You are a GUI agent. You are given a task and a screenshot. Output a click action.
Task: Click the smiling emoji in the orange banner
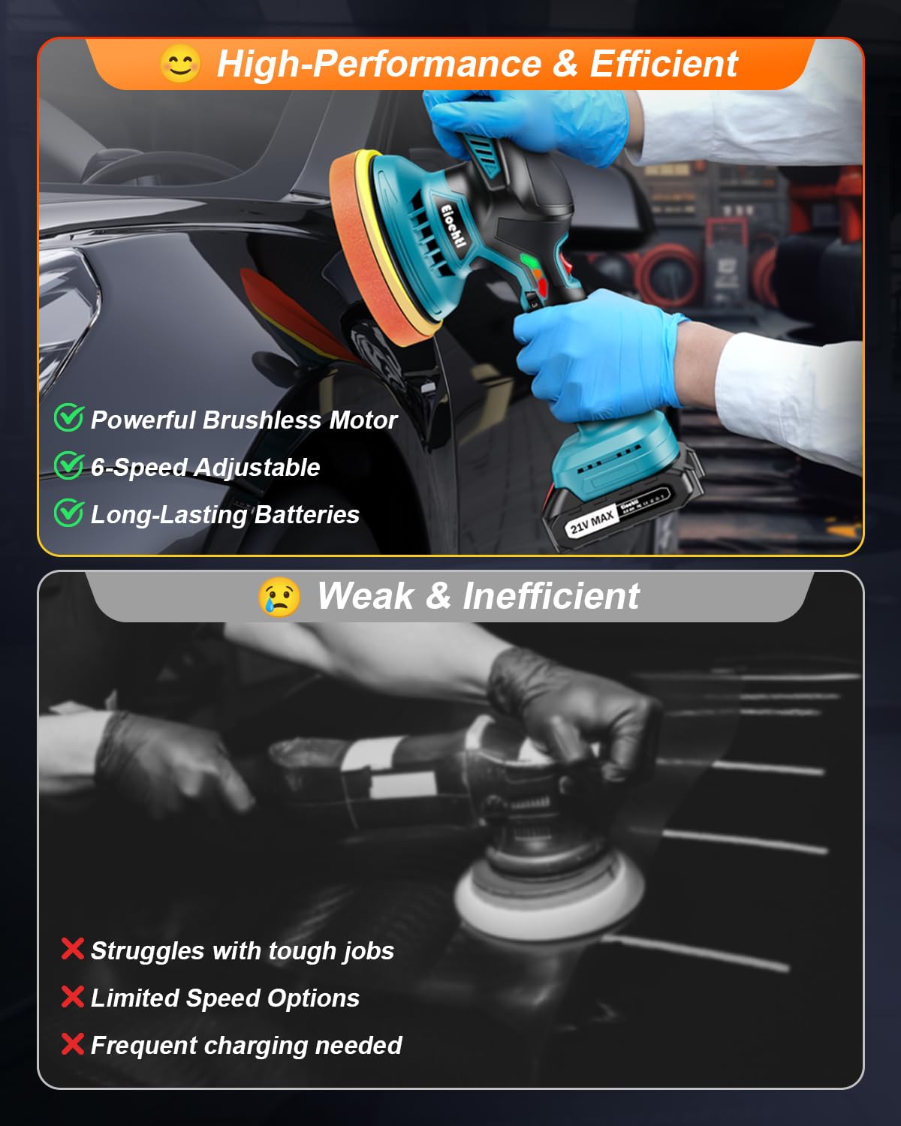click(x=180, y=64)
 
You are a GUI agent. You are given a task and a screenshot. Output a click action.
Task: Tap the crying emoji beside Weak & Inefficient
click(x=279, y=598)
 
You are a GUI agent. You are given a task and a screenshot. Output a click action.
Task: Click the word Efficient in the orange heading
click(x=664, y=64)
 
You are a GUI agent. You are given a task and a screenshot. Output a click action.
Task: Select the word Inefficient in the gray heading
click(x=550, y=597)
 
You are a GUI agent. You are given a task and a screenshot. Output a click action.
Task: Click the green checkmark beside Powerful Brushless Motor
click(x=68, y=417)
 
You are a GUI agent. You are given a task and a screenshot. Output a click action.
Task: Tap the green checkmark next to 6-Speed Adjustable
click(x=68, y=465)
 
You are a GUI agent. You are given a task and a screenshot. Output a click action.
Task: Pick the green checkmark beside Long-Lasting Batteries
click(x=68, y=513)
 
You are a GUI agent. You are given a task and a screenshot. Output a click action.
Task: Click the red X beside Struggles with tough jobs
click(x=72, y=949)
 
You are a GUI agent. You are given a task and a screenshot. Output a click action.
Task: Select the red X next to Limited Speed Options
click(x=72, y=997)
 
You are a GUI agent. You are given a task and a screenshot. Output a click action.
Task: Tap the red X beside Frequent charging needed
click(x=72, y=1044)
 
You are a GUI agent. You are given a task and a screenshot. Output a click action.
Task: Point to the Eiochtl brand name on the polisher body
click(x=453, y=225)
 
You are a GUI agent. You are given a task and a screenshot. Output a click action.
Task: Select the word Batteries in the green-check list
click(x=307, y=515)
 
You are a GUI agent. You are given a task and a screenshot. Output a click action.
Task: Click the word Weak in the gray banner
click(x=365, y=597)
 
